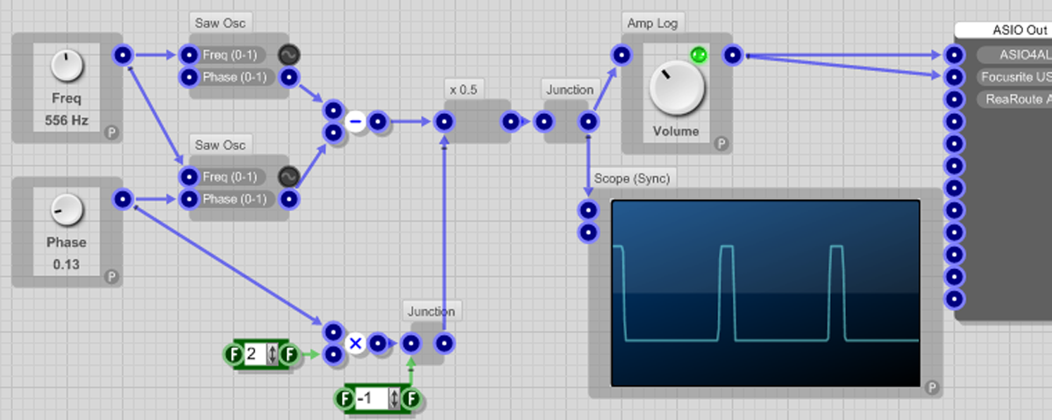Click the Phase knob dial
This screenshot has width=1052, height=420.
tap(67, 210)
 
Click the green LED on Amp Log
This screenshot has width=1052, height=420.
tap(699, 54)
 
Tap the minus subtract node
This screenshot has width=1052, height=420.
tap(355, 122)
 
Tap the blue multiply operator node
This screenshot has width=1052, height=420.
tap(355, 344)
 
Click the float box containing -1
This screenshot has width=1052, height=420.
tap(368, 400)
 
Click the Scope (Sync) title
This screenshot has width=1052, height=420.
tap(631, 179)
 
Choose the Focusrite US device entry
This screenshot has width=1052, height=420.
tap(1015, 77)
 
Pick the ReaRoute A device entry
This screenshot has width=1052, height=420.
tap(1017, 99)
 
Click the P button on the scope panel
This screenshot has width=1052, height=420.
tap(931, 387)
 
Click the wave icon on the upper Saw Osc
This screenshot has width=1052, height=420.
tap(289, 55)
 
